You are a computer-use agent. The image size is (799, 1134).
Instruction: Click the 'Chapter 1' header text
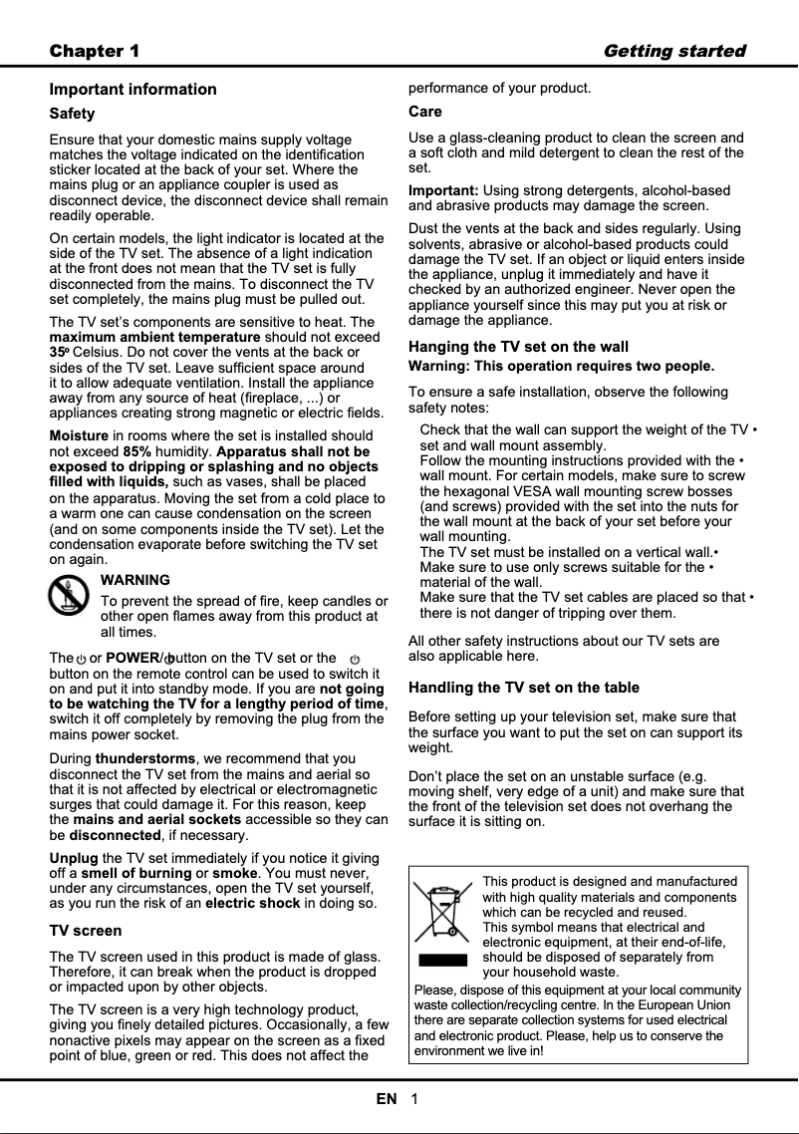95,51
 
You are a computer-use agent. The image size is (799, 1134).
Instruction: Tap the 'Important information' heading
133,89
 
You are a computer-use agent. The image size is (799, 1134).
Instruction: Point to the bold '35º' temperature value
59,352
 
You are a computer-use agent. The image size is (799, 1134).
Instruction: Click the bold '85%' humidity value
136,451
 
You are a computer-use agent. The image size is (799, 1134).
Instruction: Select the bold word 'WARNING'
135,579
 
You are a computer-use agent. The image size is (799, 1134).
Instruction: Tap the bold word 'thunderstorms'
145,758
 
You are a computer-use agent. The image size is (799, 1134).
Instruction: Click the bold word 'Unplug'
74,857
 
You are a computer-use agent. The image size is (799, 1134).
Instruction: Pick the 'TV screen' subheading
86,930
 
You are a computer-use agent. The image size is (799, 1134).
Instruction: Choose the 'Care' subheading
425,111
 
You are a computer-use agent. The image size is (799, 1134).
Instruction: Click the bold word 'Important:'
443,189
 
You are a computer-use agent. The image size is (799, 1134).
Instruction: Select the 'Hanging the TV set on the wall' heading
518,347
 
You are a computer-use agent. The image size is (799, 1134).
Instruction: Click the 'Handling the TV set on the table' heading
524,688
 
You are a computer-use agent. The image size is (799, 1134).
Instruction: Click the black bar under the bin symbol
442,961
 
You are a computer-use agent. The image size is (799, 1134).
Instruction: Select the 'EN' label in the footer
386,1099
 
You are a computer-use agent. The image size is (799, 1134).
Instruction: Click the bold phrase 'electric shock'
252,903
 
